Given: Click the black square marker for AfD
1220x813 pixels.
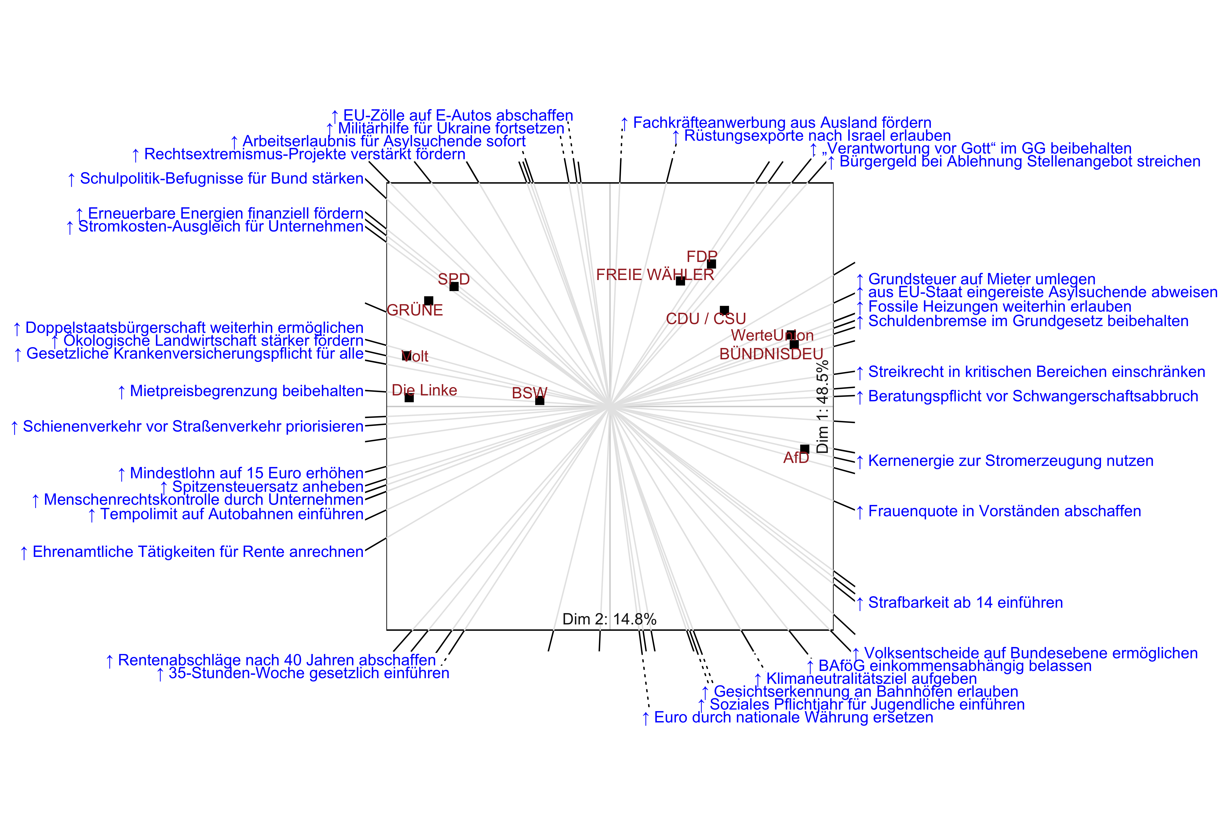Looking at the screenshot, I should [x=805, y=449].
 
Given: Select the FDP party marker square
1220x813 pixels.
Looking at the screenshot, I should [x=712, y=264].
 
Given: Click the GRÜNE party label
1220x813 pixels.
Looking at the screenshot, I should [x=415, y=310].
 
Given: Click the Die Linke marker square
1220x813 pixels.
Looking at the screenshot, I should [x=409, y=398].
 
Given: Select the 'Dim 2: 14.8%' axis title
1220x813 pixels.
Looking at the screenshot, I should [x=610, y=619].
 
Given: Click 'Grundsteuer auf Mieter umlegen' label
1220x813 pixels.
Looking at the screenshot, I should [x=981, y=279].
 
